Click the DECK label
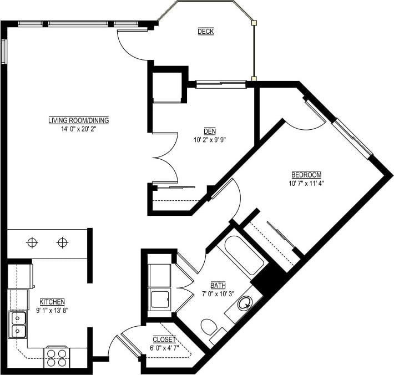(205, 32)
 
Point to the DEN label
(210, 131)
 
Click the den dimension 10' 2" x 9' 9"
(210, 140)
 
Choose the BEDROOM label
(306, 173)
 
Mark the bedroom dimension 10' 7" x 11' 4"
(306, 183)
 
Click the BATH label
(218, 285)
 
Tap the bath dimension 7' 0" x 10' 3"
(218, 294)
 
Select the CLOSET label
(164, 339)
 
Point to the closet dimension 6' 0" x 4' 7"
(164, 348)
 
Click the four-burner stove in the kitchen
(57, 357)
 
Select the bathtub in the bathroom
(241, 256)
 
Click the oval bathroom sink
(244, 303)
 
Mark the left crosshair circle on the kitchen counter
(32, 242)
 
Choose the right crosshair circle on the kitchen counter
(62, 242)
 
